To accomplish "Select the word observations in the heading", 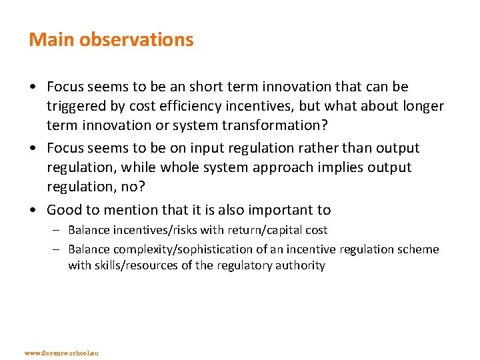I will [137, 40].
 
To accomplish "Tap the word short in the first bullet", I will [207, 87].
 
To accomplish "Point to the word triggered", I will [77, 106].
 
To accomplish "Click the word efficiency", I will [193, 106].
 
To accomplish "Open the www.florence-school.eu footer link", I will [61, 352].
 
